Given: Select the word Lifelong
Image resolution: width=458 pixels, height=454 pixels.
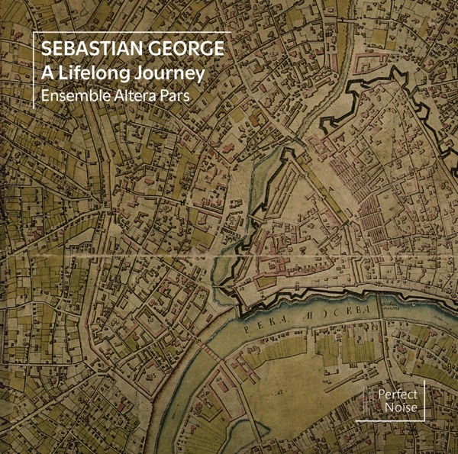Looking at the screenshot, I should coord(94,75).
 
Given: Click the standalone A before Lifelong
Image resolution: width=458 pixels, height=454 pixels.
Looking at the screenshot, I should coord(47,75).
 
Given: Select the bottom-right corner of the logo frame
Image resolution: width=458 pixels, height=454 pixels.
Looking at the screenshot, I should coord(424,420).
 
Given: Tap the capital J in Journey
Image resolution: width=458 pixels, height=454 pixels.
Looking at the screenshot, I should coord(132,75).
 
